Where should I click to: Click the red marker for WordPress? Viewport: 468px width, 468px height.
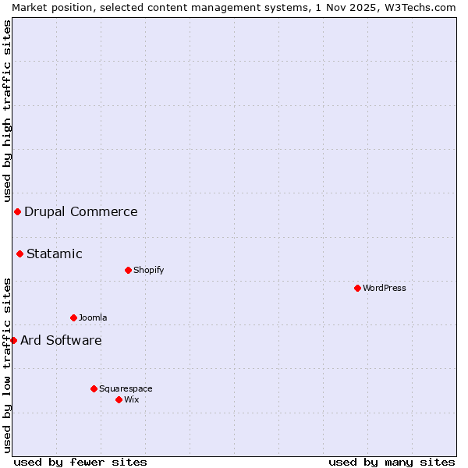pos(357,288)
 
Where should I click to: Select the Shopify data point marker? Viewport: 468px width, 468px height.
pos(128,270)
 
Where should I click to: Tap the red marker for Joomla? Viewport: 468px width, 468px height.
pos(73,317)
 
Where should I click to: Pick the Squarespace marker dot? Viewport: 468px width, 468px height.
pos(94,388)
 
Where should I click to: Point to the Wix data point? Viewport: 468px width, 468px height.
pos(119,399)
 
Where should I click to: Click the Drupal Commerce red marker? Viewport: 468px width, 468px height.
pos(17,211)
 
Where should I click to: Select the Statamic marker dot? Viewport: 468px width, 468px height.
pos(19,253)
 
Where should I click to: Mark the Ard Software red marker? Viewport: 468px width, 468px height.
pos(13,340)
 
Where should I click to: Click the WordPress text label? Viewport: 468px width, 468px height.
pos(385,288)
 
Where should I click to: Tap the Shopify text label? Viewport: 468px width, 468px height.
pos(148,270)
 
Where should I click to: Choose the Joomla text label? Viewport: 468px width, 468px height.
pos(93,317)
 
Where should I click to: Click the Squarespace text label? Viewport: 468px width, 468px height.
pos(126,388)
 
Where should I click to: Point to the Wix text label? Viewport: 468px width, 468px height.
pos(131,399)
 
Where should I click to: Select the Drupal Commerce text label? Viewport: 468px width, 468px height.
pos(81,211)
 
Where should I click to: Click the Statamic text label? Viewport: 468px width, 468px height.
pos(55,253)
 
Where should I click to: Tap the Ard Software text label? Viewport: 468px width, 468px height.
pos(61,340)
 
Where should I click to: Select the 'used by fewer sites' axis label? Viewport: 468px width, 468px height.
pos(80,462)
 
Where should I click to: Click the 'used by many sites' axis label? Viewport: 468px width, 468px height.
pos(392,462)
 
